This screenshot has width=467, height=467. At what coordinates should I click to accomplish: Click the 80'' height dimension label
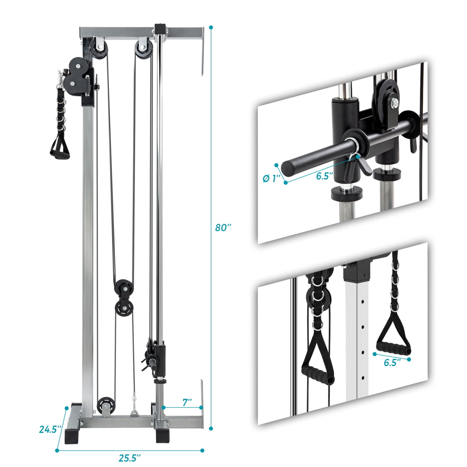[223, 228]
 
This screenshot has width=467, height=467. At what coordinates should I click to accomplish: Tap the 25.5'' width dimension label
[130, 458]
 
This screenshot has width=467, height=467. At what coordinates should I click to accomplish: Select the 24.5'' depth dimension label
[49, 429]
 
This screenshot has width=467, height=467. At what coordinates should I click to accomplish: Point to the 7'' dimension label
[187, 402]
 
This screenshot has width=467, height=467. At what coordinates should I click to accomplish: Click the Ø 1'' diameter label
[272, 179]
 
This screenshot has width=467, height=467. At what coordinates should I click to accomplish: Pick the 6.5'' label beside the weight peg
[325, 176]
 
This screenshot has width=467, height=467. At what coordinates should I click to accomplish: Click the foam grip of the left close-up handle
[318, 374]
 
